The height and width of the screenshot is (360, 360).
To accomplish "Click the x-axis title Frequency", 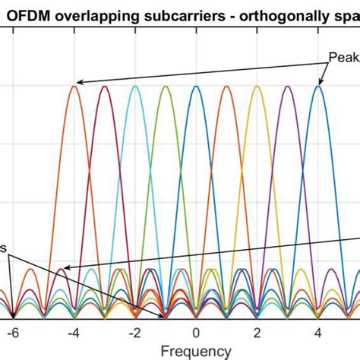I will (196, 351).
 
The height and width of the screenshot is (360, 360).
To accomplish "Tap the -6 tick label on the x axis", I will (13, 332).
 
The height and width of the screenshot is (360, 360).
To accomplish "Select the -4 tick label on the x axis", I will (74, 332).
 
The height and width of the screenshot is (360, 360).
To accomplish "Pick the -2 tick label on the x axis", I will (134, 332).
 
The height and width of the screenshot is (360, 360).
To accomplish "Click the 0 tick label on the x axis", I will (196, 332).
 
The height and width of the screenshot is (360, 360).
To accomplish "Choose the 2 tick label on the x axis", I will (257, 332).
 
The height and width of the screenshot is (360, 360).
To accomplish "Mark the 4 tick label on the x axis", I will (318, 332).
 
